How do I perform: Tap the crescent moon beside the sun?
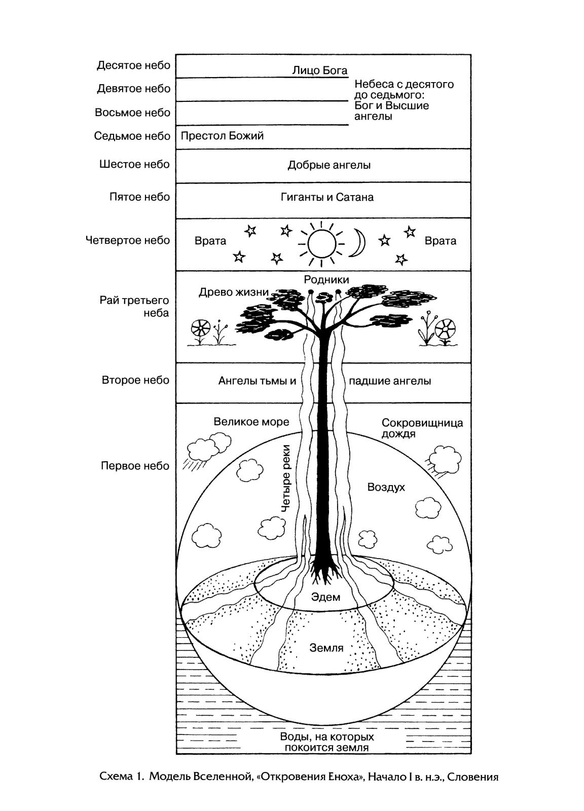[359, 243]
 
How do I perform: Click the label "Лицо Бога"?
[320, 70]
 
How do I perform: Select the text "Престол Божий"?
[222, 136]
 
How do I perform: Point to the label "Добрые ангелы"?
[329, 165]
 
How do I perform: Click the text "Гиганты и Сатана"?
[327, 197]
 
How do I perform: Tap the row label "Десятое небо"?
[134, 65]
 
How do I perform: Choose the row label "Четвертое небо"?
[128, 240]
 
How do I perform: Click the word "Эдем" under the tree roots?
[325, 597]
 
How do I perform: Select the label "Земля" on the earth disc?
[326, 647]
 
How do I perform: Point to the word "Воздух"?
[386, 487]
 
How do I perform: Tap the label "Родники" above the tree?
[326, 280]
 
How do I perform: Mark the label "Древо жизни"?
[234, 292]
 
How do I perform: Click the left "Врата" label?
[210, 241]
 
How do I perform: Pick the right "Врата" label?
[440, 241]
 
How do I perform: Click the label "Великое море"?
[251, 422]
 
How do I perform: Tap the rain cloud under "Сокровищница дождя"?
[444, 459]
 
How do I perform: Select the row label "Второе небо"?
[135, 380]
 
